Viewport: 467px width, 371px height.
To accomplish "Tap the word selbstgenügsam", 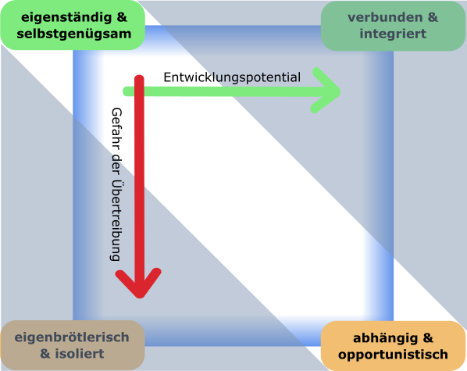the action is (x=74, y=34).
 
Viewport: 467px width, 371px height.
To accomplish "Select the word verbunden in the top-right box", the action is (x=385, y=17).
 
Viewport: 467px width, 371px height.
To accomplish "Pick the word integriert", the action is (x=393, y=34).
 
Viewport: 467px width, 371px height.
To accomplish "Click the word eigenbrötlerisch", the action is (x=72, y=337).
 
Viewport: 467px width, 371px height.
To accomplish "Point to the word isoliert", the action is (x=80, y=354).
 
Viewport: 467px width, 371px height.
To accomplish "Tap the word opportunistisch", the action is (x=393, y=355).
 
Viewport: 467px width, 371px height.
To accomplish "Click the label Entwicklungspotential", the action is (x=232, y=77).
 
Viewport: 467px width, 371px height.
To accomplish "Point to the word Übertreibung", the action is (x=116, y=220).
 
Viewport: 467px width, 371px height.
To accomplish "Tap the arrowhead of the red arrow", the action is (x=138, y=283).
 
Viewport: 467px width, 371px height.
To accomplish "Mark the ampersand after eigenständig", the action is (x=122, y=18).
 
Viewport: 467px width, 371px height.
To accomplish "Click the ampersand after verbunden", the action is (x=433, y=17).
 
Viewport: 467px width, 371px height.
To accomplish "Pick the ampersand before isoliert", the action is (x=45, y=354).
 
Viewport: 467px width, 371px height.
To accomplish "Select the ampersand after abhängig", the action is (x=428, y=338).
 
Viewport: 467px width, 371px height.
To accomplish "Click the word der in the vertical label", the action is (x=116, y=164).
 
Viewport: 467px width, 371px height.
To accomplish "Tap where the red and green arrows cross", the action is (x=139, y=91).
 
